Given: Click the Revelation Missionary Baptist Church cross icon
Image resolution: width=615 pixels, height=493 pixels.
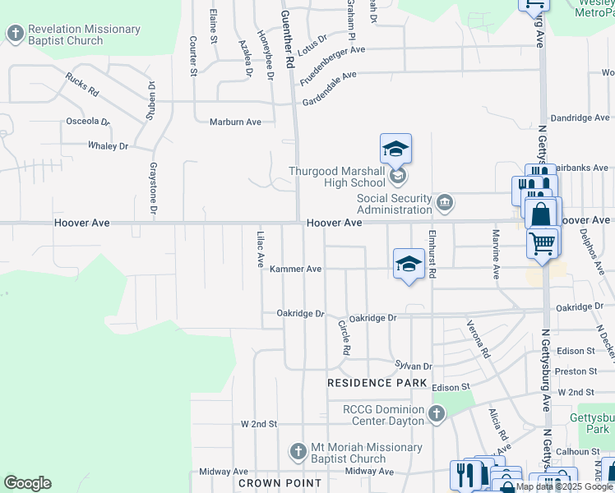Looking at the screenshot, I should coord(15,34).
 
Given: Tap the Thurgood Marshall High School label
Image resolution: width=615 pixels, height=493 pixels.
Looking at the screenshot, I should coord(335,177).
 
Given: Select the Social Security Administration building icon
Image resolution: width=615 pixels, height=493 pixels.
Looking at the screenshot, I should coord(445,202).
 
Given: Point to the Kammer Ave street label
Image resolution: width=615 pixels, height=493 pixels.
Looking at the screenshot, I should coord(295,269).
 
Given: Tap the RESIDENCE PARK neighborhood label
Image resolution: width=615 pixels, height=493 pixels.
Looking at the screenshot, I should coord(377,384).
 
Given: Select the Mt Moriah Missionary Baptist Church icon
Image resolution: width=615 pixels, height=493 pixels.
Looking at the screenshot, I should coord(298,452).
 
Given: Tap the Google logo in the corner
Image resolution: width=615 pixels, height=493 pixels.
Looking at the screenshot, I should coord(27,482).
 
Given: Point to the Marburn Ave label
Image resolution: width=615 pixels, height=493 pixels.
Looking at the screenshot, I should coord(235,122).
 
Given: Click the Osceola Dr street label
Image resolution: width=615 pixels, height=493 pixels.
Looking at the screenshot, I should coord(87,122).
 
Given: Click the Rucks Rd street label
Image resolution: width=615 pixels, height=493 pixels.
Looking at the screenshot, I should coord(82,83).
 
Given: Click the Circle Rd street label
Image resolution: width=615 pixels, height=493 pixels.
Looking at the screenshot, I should coord(344,337).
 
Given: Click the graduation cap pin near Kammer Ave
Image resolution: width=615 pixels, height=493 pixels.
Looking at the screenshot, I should coord(409,264).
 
